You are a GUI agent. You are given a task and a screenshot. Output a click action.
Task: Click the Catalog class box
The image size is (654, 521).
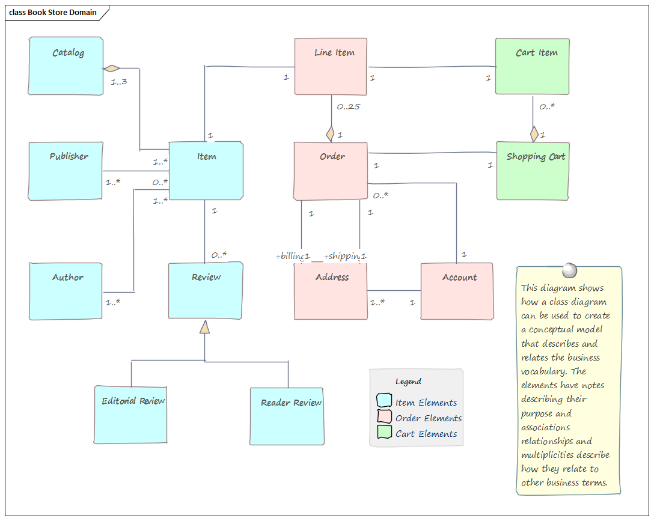[66, 66]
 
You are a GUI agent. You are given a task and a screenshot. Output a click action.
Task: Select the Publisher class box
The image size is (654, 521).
[66, 171]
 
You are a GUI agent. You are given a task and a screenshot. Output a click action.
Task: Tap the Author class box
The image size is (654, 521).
[66, 291]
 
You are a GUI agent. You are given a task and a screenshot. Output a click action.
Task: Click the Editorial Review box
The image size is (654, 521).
[130, 415]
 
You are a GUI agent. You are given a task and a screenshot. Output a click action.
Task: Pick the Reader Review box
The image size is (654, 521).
[287, 416]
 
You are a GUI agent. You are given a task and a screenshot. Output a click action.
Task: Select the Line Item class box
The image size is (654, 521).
[331, 66]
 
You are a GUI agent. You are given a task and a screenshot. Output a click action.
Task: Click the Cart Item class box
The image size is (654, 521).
[533, 66]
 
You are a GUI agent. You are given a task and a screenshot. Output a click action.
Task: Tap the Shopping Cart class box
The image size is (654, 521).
[533, 171]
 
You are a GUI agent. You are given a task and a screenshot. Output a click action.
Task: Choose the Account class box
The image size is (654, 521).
[457, 291]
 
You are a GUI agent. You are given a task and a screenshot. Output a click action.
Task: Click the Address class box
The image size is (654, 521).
[331, 291]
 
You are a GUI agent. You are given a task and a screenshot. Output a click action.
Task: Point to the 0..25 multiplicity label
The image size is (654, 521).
[348, 107]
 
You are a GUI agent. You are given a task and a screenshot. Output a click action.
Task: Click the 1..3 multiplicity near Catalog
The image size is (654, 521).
[119, 82]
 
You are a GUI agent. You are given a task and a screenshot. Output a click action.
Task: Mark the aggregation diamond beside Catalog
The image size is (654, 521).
[112, 68]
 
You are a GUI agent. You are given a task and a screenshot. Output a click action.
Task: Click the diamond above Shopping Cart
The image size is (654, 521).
[534, 134]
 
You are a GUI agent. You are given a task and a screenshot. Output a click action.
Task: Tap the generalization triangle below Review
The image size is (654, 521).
[205, 327]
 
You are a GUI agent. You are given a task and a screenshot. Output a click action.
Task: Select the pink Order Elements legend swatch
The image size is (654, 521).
[384, 416]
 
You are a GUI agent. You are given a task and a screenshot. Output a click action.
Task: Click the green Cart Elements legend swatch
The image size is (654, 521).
[384, 432]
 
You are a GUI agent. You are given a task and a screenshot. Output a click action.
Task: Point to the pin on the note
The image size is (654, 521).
[568, 270]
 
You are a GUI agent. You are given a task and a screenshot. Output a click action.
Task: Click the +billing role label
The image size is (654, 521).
[289, 257]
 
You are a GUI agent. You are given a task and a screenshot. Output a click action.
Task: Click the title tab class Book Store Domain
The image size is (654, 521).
[53, 12]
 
